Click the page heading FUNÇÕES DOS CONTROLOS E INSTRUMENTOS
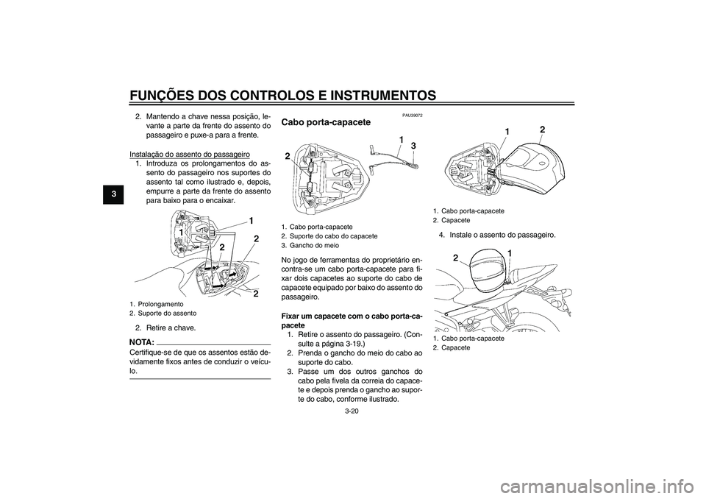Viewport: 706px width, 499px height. click(282, 96)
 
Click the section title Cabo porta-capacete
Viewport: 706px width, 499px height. click(326, 122)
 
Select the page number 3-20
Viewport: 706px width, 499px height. click(352, 411)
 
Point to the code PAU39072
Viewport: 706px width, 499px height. click(412, 116)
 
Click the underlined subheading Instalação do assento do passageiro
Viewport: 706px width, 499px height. click(190, 154)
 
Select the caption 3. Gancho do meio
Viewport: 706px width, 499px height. click(310, 246)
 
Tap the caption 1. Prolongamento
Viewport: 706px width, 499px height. click(156, 304)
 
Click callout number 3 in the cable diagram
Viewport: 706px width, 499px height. click(413, 146)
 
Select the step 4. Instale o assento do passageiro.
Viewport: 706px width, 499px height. click(498, 235)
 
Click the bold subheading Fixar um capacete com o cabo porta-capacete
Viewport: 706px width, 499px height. click(352, 320)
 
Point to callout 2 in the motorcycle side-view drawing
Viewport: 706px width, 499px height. click(456, 258)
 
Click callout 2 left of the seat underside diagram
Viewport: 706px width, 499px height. click(287, 156)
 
